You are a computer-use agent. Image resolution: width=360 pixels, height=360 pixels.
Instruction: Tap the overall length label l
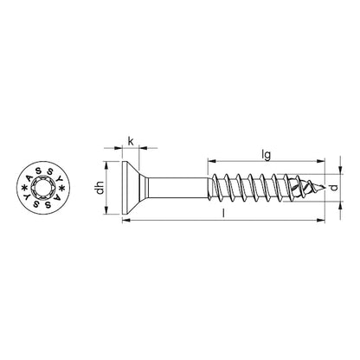click(x=223, y=213)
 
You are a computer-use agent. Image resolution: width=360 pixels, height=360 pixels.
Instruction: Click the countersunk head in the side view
click(x=132, y=187)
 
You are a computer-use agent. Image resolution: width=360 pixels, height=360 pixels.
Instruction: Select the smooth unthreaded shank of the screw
click(x=177, y=187)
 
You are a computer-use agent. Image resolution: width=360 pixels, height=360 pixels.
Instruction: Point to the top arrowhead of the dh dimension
click(x=106, y=166)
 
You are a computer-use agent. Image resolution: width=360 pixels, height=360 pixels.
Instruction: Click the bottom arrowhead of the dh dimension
click(x=106, y=209)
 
